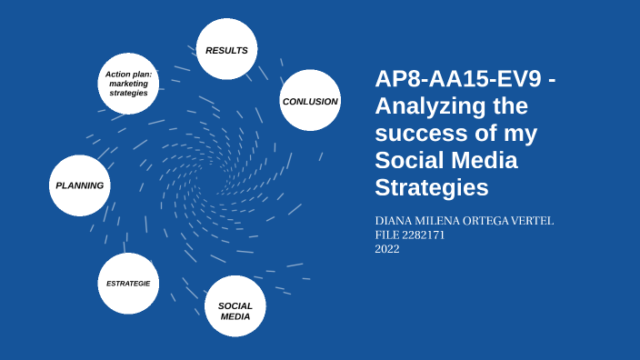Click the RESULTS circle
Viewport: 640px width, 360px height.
[227, 50]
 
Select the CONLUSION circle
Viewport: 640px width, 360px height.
[310, 101]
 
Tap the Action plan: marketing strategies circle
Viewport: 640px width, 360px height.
[128, 84]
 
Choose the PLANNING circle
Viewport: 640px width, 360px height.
[80, 185]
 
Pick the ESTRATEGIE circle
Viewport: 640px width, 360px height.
[128, 284]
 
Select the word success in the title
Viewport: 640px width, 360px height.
[419, 134]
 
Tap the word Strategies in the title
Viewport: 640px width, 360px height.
[432, 188]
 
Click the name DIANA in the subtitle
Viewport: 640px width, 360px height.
[395, 221]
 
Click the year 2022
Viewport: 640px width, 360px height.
[387, 248]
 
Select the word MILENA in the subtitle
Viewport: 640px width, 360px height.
[438, 221]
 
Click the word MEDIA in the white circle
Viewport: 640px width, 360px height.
[235, 316]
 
